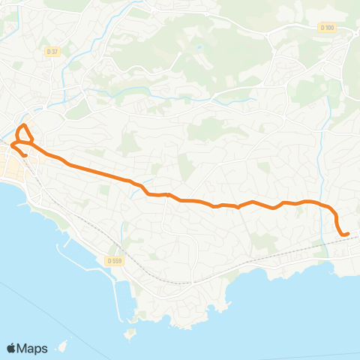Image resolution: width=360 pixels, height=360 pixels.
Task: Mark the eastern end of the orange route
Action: (x=348, y=234)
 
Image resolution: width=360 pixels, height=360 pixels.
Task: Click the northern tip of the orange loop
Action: (x=23, y=124)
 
